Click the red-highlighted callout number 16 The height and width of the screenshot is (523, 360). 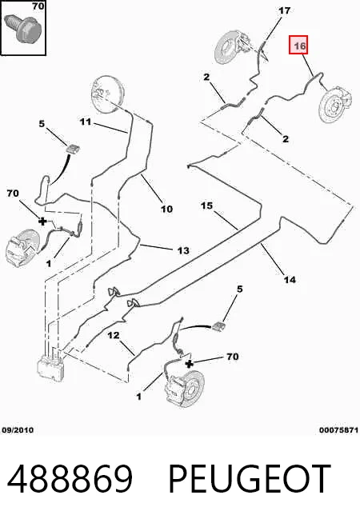click(298, 45)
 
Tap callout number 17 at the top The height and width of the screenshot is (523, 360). click(284, 10)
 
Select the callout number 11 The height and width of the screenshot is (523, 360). click(86, 122)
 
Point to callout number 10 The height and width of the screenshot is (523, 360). click(166, 210)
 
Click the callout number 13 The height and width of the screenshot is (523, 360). click(183, 250)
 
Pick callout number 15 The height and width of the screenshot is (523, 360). click(206, 206)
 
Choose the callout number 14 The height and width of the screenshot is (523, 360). click(290, 279)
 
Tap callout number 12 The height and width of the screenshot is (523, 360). click(114, 335)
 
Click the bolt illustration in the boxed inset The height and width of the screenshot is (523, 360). click(22, 28)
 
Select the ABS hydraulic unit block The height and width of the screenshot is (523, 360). click(51, 366)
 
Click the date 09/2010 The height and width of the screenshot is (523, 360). click(18, 430)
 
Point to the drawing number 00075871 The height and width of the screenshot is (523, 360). click(338, 430)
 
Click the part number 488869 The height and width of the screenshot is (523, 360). click(70, 479)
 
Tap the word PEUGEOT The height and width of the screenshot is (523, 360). click(250, 479)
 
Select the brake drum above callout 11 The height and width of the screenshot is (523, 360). click(108, 93)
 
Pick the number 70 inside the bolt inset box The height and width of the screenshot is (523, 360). click(38, 6)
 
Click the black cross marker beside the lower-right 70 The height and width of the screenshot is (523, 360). click(189, 364)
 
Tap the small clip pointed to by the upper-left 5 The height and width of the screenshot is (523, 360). click(73, 148)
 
